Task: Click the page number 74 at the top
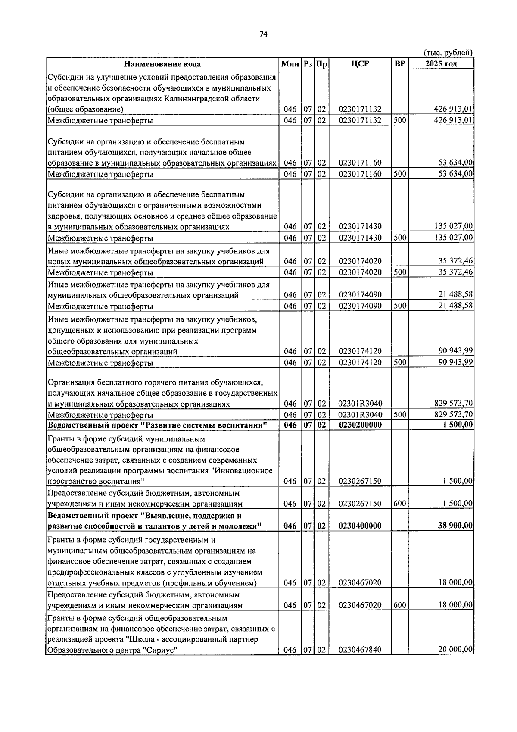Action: pos(264,35)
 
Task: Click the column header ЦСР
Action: pos(360,64)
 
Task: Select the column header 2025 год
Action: pos(441,64)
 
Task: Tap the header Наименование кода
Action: pos(162,64)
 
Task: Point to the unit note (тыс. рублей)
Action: pos(448,53)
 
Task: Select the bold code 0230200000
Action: pos(360,425)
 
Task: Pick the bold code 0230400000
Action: pos(360,526)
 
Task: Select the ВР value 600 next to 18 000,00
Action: pos(400,605)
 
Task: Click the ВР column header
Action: pos(400,64)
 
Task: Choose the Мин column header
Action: pos(290,64)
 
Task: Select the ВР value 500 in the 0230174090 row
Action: pos(400,306)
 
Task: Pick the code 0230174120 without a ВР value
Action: pos(360,351)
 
